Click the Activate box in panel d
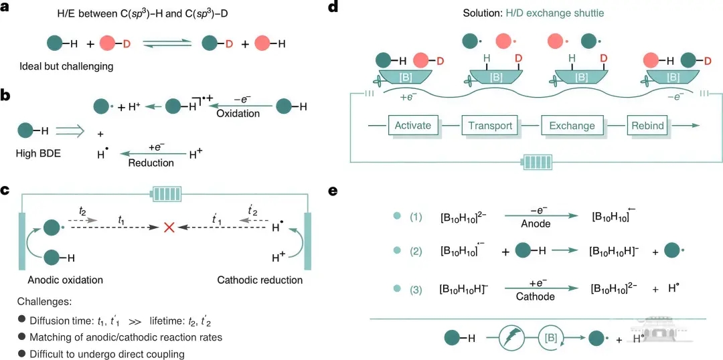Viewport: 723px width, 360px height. point(413,125)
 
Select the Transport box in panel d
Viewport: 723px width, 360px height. point(490,125)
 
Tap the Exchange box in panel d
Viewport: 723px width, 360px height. point(572,125)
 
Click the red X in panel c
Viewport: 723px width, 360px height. point(169,228)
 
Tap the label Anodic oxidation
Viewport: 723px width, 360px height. point(66,280)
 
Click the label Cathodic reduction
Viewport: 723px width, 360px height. point(260,280)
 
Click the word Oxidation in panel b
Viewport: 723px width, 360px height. point(238,114)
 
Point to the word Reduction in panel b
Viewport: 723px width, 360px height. point(151,163)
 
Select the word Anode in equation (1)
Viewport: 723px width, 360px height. point(536,224)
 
